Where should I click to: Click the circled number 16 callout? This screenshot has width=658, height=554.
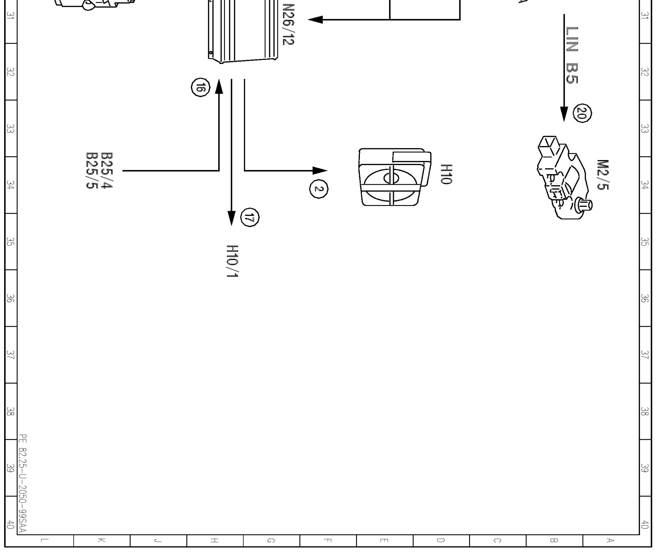200,87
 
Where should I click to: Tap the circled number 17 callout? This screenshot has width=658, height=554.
250,218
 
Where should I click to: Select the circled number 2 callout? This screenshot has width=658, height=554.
318,189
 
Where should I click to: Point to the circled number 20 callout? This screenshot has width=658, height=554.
582,113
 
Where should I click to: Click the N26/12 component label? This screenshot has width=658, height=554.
288,24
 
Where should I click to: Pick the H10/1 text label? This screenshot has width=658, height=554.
232,261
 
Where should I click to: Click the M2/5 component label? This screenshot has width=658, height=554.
602,175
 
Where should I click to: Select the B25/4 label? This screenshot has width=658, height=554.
107,170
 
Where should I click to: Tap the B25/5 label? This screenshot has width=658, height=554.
92,170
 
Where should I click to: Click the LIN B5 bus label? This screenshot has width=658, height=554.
572,55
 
